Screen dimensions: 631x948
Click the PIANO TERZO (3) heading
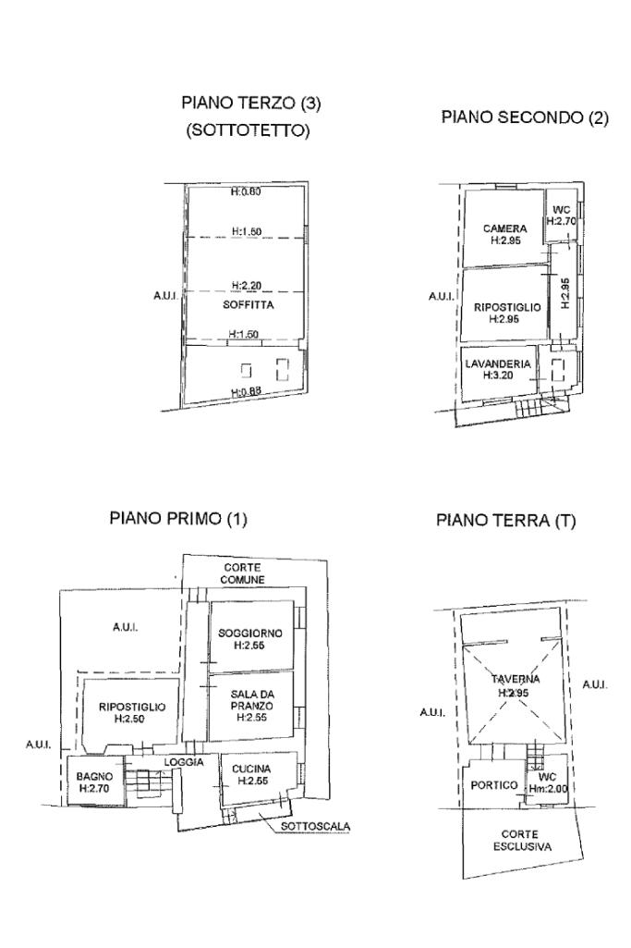click(x=250, y=103)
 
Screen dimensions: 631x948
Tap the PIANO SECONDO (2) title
click(x=525, y=117)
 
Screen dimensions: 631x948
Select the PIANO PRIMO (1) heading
click(x=178, y=518)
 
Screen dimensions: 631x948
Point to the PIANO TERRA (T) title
click(x=506, y=520)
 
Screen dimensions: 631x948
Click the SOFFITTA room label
click(x=249, y=304)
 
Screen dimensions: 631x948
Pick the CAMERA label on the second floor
click(x=504, y=228)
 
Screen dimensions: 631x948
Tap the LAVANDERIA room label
click(x=498, y=364)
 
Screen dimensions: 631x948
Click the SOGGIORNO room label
click(x=250, y=633)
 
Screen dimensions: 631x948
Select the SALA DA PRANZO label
click(x=251, y=700)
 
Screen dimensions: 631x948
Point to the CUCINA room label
click(x=251, y=769)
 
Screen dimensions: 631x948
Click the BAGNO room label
click(x=94, y=776)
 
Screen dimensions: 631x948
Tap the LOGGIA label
click(x=184, y=762)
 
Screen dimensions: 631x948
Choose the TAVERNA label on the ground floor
click(x=516, y=679)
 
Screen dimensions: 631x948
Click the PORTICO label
click(x=494, y=785)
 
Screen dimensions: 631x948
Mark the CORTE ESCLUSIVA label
click(x=522, y=841)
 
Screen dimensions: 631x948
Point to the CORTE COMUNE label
click(x=242, y=573)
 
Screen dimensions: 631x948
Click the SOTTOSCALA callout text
click(x=315, y=827)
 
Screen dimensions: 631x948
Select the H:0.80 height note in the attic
click(x=246, y=192)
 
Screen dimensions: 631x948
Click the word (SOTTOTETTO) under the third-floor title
click(x=249, y=130)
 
